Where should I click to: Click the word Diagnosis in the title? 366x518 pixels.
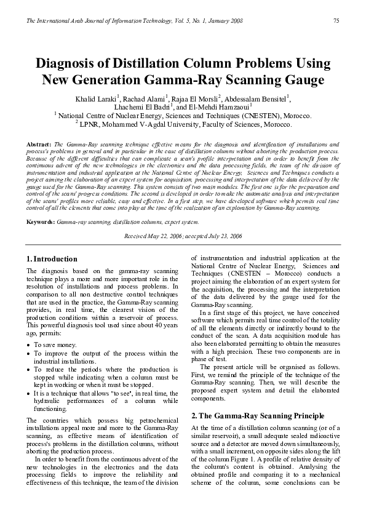click(70, 65)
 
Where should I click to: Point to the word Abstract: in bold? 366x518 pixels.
click(39, 143)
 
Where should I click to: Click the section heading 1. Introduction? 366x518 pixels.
click(52, 259)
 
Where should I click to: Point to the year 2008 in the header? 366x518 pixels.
click(234, 21)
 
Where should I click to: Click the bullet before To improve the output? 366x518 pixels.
click(29, 354)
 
